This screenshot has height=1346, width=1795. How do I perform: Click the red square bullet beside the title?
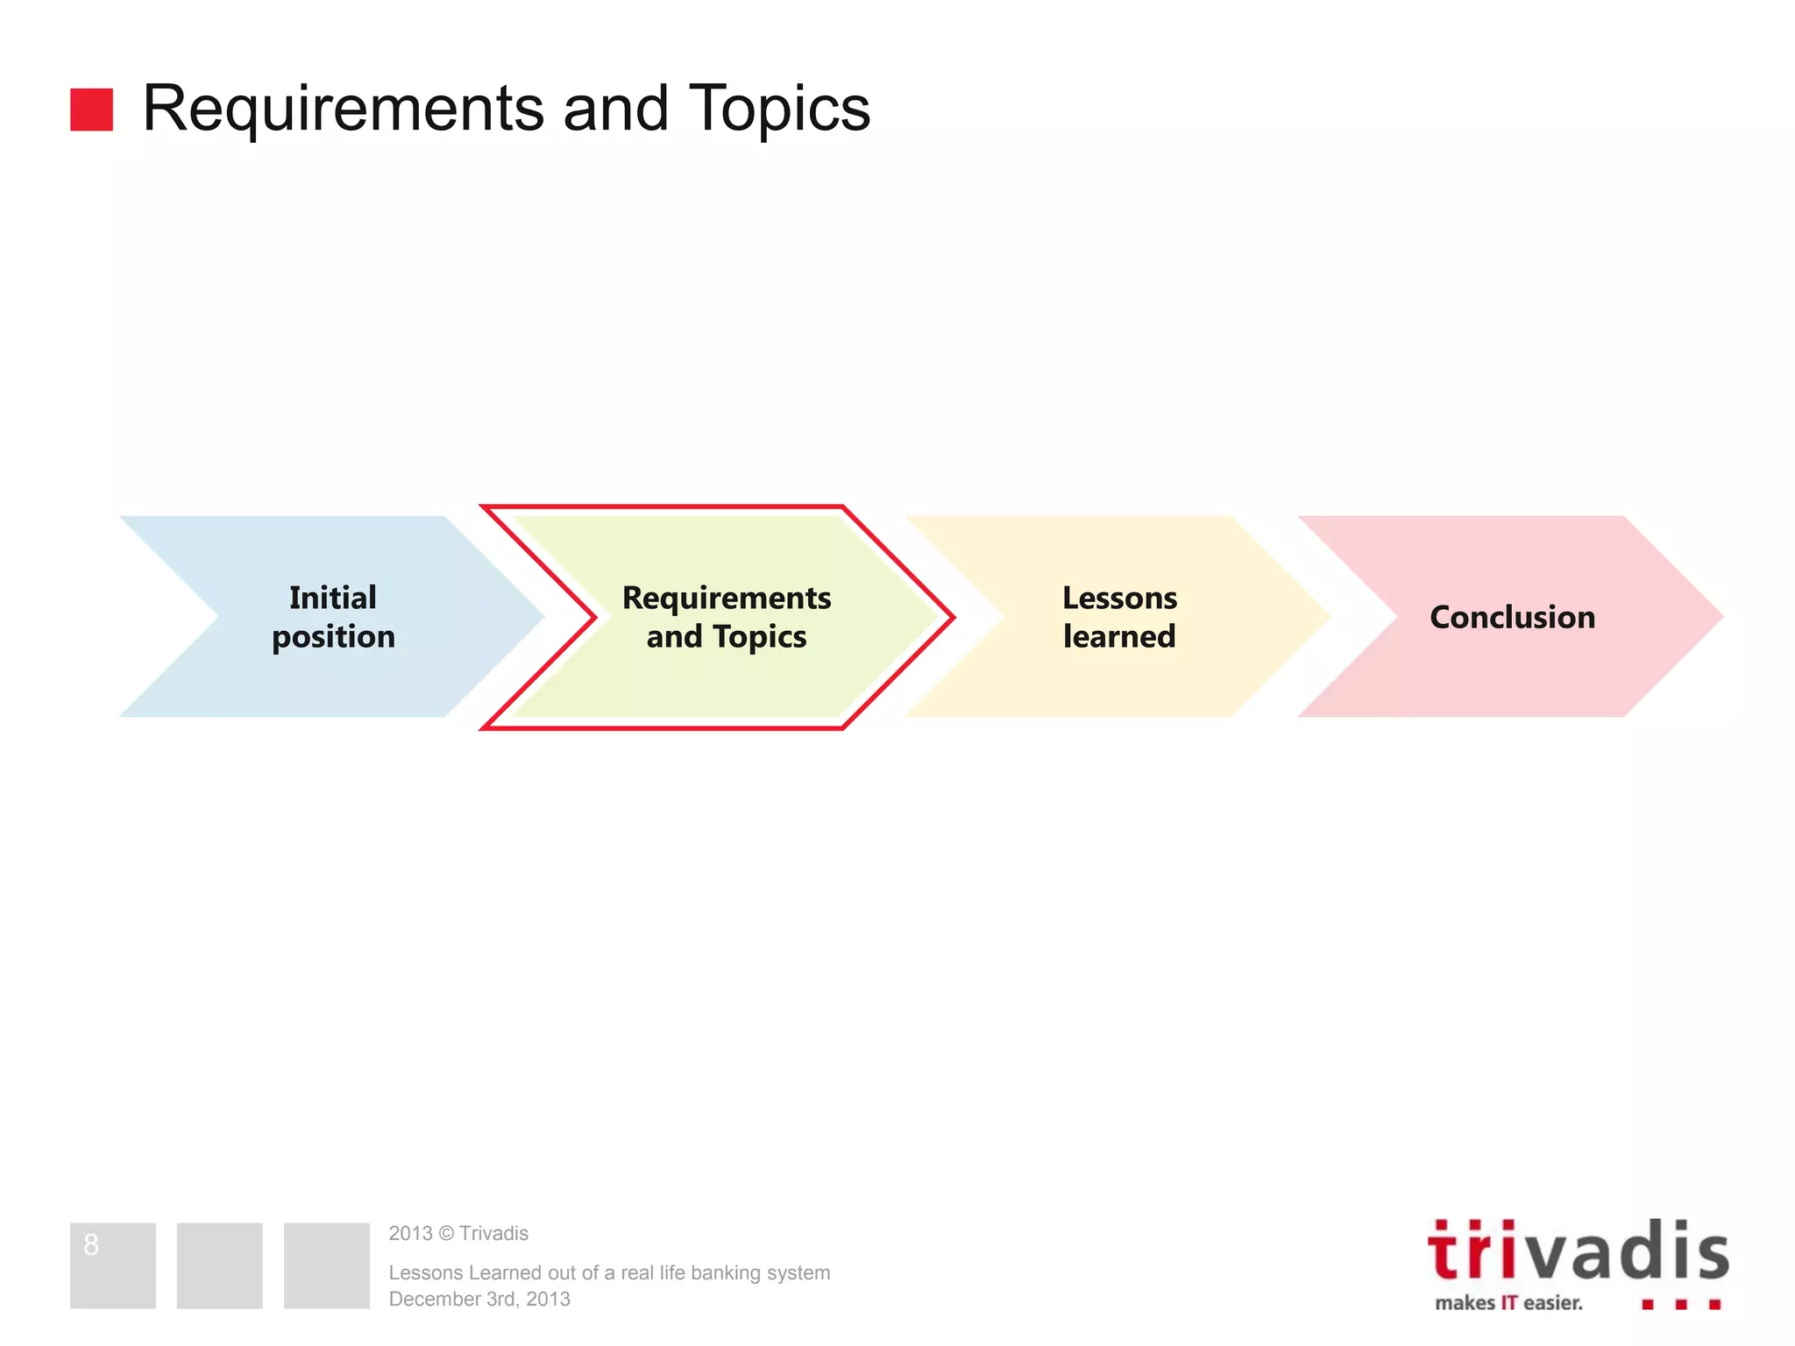pyautogui.click(x=91, y=110)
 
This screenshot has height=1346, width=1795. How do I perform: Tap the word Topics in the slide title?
pyautogui.click(x=779, y=109)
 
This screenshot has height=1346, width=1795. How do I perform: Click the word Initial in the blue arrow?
pyautogui.click(x=333, y=598)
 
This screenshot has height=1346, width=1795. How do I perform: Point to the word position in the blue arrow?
pyautogui.click(x=333, y=637)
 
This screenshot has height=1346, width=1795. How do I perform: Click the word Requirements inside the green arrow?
pyautogui.click(x=727, y=598)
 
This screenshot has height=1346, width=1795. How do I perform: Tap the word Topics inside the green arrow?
pyautogui.click(x=759, y=637)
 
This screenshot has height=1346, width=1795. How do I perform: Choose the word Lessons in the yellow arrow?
pyautogui.click(x=1119, y=598)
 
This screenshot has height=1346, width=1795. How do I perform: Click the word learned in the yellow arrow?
pyautogui.click(x=1119, y=637)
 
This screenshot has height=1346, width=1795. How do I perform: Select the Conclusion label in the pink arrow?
pyautogui.click(x=1512, y=617)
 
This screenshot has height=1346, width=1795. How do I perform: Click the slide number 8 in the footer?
pyautogui.click(x=91, y=1244)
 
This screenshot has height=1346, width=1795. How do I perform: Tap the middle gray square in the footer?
pyautogui.click(x=219, y=1265)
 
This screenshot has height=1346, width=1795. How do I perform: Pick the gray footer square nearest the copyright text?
pyautogui.click(x=326, y=1265)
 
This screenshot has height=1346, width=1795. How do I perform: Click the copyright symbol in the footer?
pyautogui.click(x=445, y=1234)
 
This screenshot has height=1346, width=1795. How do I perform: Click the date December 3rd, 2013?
pyautogui.click(x=479, y=1299)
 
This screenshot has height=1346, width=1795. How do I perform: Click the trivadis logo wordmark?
pyautogui.click(x=1578, y=1250)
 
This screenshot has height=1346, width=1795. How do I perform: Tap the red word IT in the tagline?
pyautogui.click(x=1508, y=1303)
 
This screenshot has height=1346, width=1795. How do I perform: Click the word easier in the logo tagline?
pyautogui.click(x=1553, y=1303)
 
